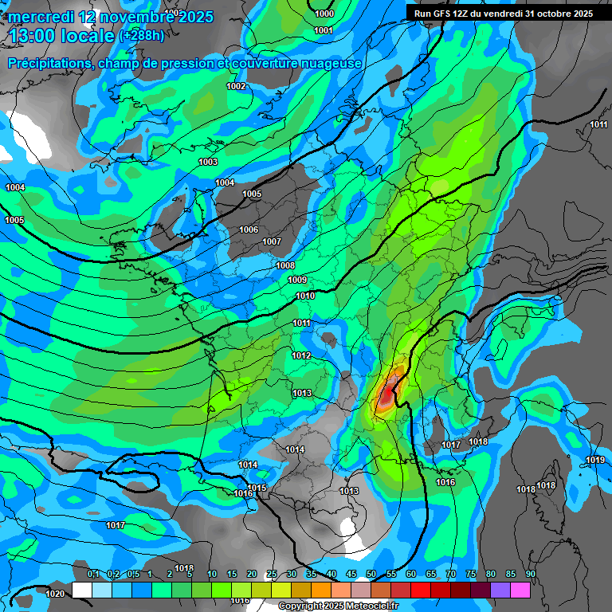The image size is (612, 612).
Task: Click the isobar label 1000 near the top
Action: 324,14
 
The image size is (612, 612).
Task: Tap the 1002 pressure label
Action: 236,86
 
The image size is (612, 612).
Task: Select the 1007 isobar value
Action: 272,241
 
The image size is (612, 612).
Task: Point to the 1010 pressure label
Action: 304,296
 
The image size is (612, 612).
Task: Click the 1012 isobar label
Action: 301,355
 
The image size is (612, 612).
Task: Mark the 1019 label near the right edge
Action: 594,460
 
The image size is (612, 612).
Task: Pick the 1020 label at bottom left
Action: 55,594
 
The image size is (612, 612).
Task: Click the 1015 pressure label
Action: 257,488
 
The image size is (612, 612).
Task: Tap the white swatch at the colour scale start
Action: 82,590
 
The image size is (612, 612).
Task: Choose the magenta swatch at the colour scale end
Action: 520,590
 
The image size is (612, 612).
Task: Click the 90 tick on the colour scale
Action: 530,574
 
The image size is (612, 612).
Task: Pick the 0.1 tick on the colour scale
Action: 92,574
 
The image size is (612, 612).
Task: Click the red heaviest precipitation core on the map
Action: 387,391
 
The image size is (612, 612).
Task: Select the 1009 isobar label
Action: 297,280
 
